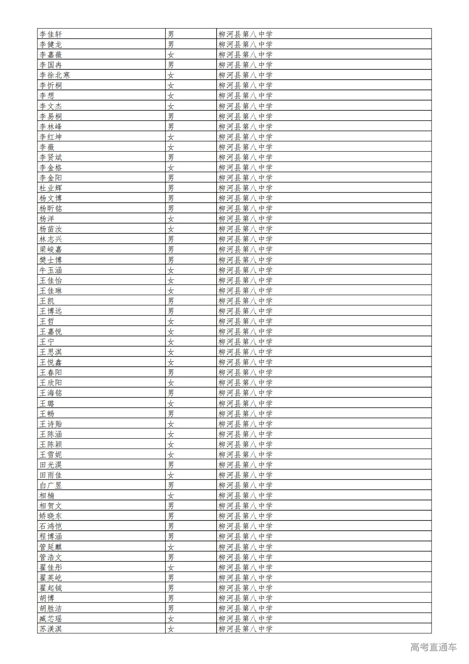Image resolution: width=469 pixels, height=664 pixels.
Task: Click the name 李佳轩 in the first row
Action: click(51, 34)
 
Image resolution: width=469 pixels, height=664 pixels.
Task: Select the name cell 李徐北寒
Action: click(54, 75)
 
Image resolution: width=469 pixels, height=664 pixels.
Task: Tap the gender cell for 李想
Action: click(171, 96)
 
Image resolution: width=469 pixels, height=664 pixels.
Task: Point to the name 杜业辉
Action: click(51, 188)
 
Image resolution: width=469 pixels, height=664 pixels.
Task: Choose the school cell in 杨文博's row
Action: click(245, 198)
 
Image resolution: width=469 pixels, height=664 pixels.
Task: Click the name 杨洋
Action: click(47, 218)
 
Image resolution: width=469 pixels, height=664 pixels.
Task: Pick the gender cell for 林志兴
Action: click(171, 239)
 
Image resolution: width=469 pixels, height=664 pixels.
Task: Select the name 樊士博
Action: click(51, 260)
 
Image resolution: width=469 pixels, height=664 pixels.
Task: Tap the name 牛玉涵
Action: click(51, 270)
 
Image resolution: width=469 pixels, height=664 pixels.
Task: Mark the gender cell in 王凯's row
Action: click(171, 301)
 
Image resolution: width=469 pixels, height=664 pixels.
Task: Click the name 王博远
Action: click(51, 311)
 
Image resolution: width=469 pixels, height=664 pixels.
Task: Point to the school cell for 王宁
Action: click(245, 342)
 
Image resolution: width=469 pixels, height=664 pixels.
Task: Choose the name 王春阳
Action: click(51, 372)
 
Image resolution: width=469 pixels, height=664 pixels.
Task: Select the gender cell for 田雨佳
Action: click(171, 475)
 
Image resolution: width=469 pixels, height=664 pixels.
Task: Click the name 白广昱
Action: click(51, 485)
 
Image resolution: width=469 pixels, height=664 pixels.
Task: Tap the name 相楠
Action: click(47, 495)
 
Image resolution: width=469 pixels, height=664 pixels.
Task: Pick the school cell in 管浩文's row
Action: click(245, 557)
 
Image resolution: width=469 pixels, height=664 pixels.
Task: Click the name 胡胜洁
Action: click(51, 608)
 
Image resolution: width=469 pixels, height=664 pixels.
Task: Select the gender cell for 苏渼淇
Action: click(171, 629)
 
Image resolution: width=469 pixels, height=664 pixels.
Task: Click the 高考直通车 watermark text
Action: click(433, 647)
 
